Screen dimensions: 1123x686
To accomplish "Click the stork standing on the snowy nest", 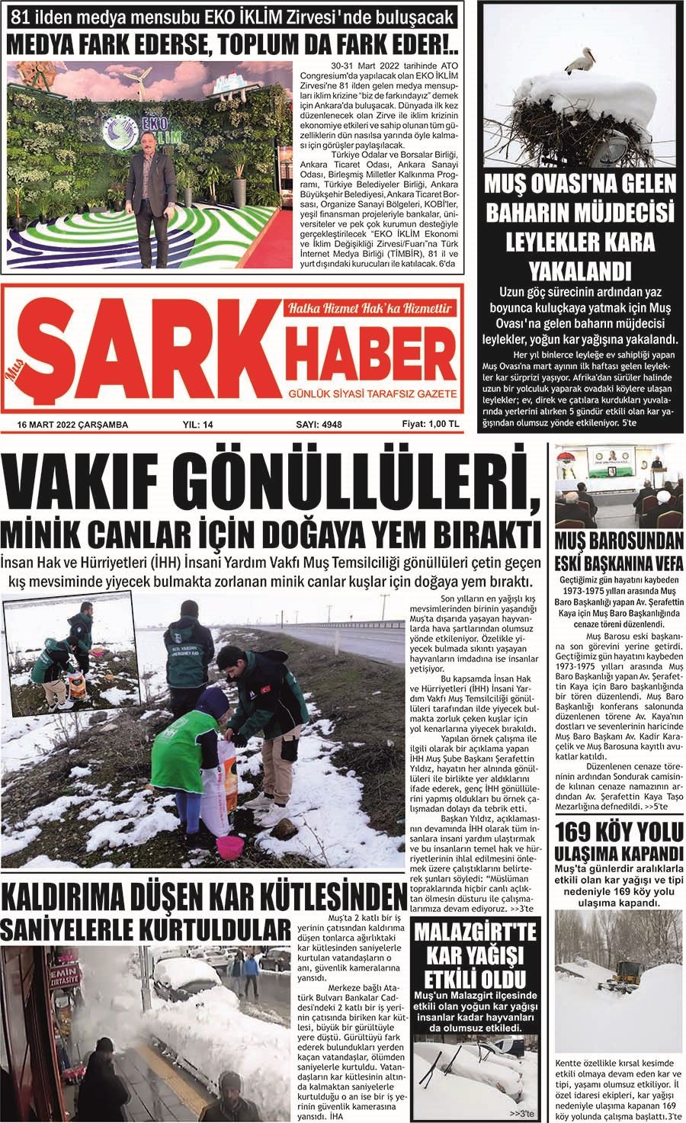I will click(584, 62).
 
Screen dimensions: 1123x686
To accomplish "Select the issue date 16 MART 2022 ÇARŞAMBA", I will click(73, 425).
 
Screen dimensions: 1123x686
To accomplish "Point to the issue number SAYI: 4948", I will click(319, 425).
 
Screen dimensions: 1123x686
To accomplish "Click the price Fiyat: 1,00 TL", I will click(431, 424).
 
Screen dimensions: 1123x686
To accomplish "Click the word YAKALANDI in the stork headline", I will click(581, 271).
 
